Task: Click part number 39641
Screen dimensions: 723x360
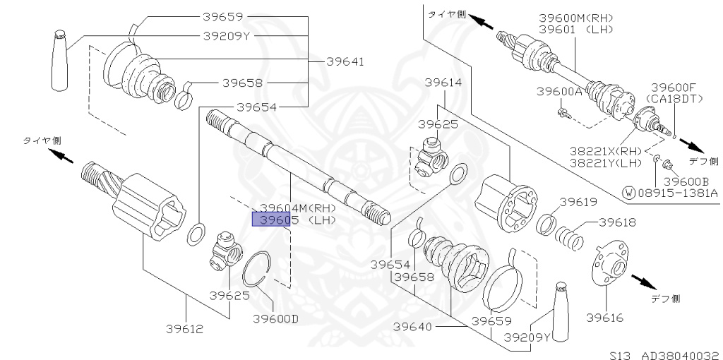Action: tap(345, 61)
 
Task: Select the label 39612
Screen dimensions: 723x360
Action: tap(185, 328)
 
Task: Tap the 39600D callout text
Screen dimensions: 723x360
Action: tap(275, 318)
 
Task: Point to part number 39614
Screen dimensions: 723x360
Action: tap(443, 83)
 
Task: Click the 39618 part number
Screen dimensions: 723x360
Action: tap(617, 222)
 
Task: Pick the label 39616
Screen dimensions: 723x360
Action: tap(604, 318)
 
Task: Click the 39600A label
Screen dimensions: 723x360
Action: tap(559, 92)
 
